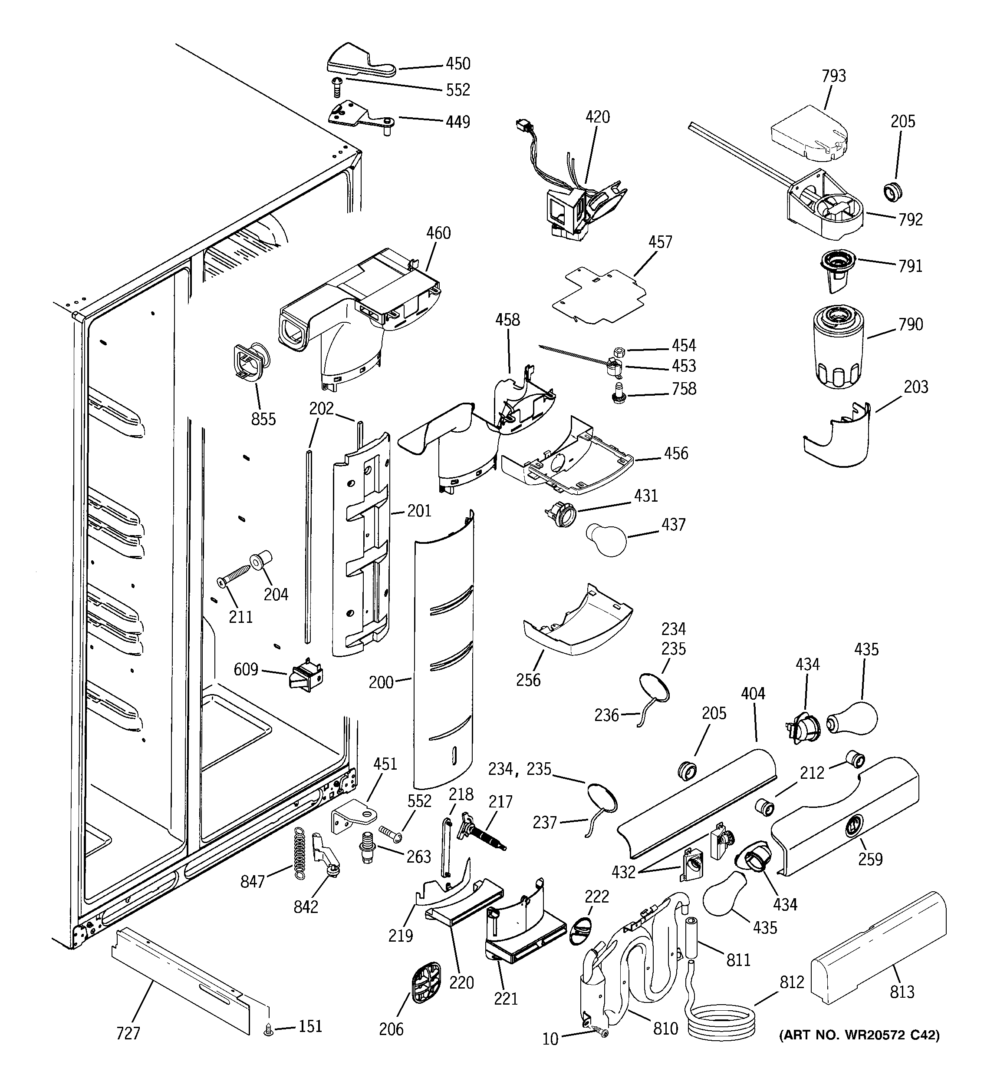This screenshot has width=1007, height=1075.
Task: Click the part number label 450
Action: click(x=457, y=64)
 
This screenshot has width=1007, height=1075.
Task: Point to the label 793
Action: click(x=833, y=76)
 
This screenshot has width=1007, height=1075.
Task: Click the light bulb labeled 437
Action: click(x=606, y=539)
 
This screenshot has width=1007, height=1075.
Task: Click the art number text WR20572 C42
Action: click(x=859, y=1035)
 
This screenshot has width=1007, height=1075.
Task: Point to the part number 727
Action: click(x=128, y=1033)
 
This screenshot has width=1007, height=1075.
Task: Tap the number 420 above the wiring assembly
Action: click(x=597, y=117)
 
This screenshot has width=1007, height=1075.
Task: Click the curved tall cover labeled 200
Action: click(x=443, y=649)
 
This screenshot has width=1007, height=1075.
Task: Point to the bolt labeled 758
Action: click(x=619, y=392)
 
